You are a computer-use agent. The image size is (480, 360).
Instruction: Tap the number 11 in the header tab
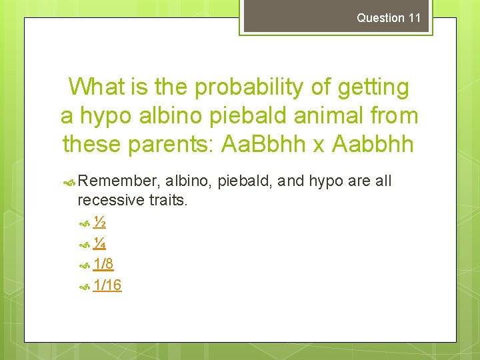(x=415, y=18)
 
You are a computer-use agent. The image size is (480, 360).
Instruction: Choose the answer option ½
(x=100, y=222)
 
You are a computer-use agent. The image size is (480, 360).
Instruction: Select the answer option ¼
(x=100, y=243)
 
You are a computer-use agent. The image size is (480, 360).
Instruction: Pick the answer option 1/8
(x=103, y=265)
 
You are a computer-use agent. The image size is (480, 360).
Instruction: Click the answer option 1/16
(x=107, y=285)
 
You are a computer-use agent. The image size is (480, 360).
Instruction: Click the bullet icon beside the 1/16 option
(x=84, y=286)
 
